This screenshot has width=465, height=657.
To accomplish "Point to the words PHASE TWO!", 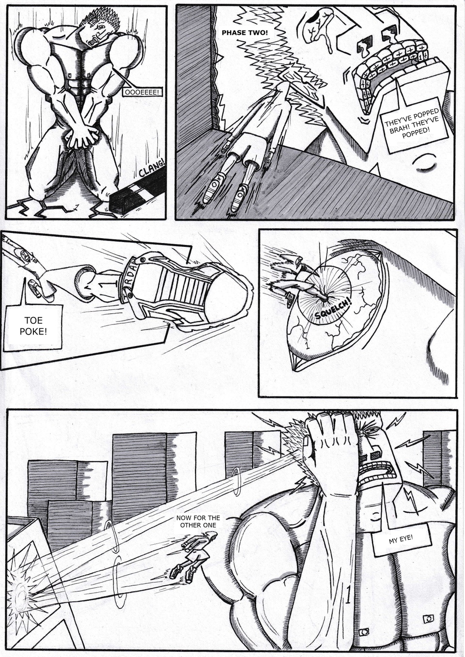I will tap(244, 32).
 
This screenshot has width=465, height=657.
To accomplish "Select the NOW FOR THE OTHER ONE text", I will tap(198, 521).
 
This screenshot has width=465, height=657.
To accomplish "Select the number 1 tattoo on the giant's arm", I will tap(347, 597).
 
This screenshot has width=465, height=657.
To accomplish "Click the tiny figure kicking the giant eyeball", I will tap(290, 281).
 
